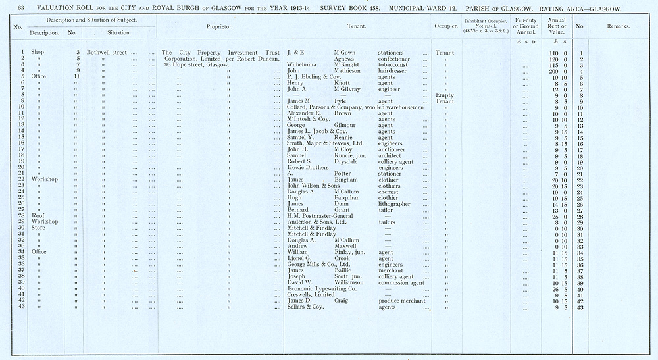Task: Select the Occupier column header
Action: pyautogui.click(x=445, y=26)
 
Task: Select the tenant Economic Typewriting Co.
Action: pyautogui.click(x=322, y=288)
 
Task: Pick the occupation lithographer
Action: pyautogui.click(x=399, y=204)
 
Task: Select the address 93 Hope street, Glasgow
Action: pyautogui.click(x=197, y=64)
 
